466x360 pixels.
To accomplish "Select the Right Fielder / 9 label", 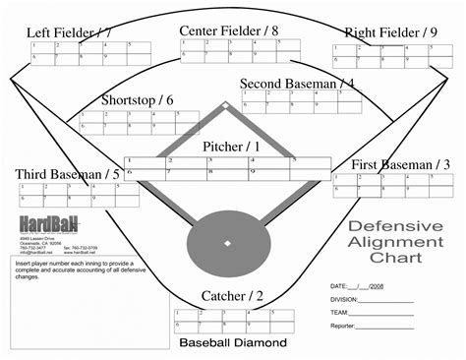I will pyautogui.click(x=390, y=32).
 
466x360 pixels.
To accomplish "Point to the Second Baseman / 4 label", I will pyautogui.click(x=297, y=85).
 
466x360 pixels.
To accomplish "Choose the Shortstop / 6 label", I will pyautogui.click(x=137, y=100).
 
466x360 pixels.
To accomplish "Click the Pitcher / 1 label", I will pyautogui.click(x=231, y=147).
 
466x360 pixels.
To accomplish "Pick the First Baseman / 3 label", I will pyautogui.click(x=391, y=164).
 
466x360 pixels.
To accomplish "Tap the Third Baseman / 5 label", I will pyautogui.click(x=68, y=175).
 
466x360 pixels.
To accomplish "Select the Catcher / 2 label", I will pyautogui.click(x=232, y=296).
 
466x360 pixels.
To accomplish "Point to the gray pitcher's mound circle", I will pyautogui.click(x=227, y=242).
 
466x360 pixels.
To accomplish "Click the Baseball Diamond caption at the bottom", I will pyautogui.click(x=233, y=343).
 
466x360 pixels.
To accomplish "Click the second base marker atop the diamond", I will pyautogui.click(x=226, y=105).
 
